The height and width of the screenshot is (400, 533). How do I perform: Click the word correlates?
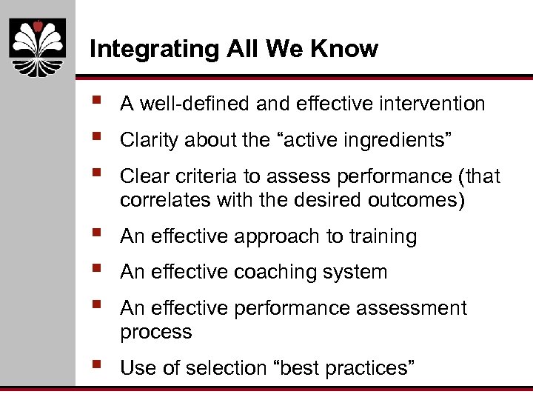157,200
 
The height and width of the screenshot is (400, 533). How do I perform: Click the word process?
155,332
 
